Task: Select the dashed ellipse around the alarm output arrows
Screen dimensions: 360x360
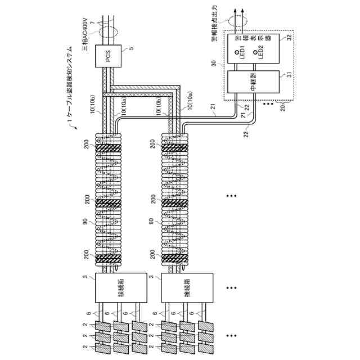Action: (237, 19)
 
